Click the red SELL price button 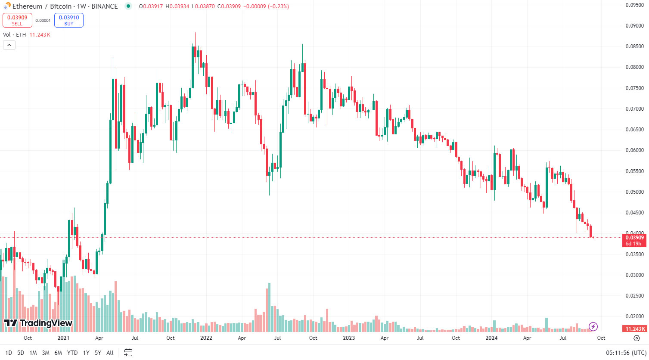[x=17, y=20]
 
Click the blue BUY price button [x=69, y=20]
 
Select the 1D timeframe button [x=9, y=353]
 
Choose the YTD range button [x=72, y=353]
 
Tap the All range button [x=110, y=353]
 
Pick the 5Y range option [x=98, y=353]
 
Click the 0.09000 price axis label [x=634, y=26]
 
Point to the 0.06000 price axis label [x=634, y=150]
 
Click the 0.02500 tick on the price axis [x=634, y=296]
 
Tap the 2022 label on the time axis [x=206, y=338]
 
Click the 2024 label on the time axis [x=491, y=338]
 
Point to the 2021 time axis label [x=63, y=338]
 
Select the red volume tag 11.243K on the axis [x=634, y=329]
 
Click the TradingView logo [x=38, y=323]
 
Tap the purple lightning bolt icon [x=593, y=326]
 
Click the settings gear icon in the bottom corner [x=637, y=338]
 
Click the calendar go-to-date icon [x=128, y=353]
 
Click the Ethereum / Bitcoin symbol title [x=65, y=6]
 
